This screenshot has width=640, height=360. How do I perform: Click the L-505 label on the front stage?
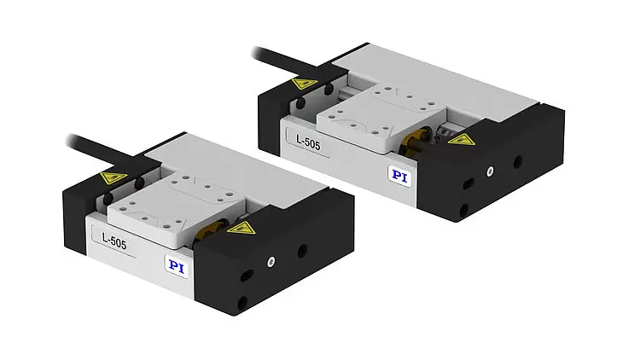(x=114, y=241)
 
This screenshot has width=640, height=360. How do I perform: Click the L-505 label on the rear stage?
(x=308, y=142)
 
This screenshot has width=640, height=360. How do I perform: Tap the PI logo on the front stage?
(x=177, y=266)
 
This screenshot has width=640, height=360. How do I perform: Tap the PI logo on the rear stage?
(x=399, y=176)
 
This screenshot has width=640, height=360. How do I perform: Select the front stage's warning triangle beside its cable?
(x=113, y=177)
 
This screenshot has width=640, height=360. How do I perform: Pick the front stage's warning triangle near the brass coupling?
(x=241, y=227)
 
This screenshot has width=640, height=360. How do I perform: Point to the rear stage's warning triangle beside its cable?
(x=305, y=84)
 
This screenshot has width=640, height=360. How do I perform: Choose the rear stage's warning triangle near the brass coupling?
(x=462, y=140)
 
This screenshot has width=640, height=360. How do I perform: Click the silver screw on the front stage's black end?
(x=271, y=262)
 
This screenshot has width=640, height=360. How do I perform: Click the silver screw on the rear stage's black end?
(x=490, y=171)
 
